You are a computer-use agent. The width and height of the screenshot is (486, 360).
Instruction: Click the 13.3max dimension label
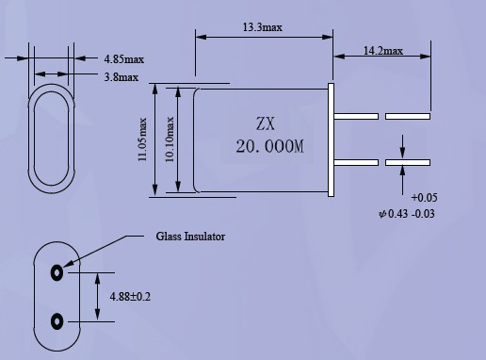[x=263, y=27]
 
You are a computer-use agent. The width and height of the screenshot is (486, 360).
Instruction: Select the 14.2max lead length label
[x=383, y=51]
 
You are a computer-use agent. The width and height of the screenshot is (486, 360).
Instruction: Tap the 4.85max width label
[x=124, y=59]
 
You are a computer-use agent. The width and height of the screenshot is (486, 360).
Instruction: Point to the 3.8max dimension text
[x=121, y=77]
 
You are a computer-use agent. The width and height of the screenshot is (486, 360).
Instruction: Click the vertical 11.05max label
[x=142, y=139]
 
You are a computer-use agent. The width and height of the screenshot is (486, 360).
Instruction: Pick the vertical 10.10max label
[x=170, y=139]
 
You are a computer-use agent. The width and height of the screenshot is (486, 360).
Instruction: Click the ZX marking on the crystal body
[x=266, y=123]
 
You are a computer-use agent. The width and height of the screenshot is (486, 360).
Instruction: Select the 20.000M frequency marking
[x=270, y=146]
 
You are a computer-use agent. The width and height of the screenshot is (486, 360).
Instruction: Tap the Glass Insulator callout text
[x=190, y=237]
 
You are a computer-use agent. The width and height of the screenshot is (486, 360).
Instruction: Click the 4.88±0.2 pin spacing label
[x=130, y=297]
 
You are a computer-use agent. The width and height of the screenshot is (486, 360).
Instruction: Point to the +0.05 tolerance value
[x=424, y=198]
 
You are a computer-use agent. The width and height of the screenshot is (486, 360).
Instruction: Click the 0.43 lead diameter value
[x=398, y=214]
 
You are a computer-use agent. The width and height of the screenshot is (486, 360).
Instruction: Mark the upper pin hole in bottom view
[x=57, y=272]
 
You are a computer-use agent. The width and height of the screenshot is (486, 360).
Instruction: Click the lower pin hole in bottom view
[x=57, y=321]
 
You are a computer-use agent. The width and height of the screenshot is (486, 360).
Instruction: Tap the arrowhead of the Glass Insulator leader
[x=67, y=265]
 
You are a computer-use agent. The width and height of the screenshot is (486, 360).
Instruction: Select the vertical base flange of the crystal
[x=331, y=140]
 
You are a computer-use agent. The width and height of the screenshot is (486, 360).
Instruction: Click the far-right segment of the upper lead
[x=408, y=117]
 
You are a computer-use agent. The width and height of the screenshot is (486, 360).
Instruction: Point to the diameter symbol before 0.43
[x=382, y=214]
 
